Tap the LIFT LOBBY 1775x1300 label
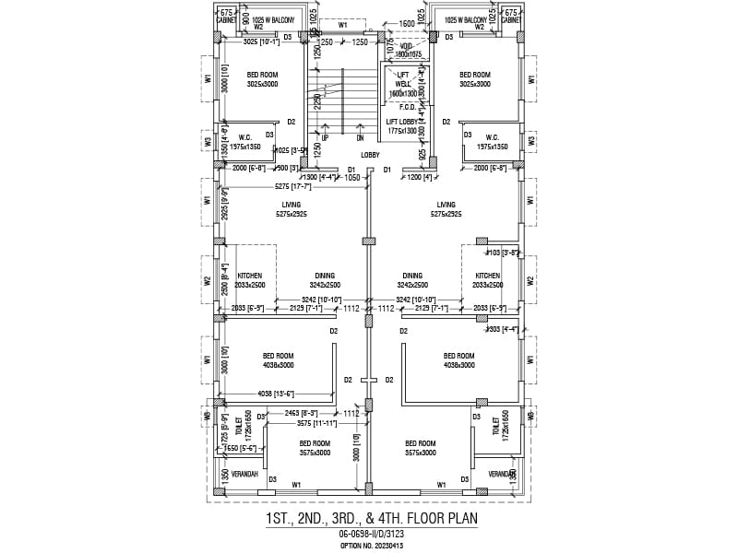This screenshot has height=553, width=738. [403, 126]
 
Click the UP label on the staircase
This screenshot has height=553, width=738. [325, 138]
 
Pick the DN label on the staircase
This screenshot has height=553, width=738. [360, 138]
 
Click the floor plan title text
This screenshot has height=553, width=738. [370, 519]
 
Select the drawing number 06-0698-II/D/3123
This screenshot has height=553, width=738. [370, 535]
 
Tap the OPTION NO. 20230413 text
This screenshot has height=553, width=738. [370, 546]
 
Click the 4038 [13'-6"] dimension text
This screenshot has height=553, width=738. [278, 394]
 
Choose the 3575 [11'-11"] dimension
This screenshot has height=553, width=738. [316, 423]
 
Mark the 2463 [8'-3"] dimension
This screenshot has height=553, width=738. [302, 414]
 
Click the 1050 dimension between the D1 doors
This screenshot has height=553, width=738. [351, 178]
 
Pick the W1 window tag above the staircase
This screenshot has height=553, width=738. [343, 26]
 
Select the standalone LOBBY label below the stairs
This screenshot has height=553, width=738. [370, 155]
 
